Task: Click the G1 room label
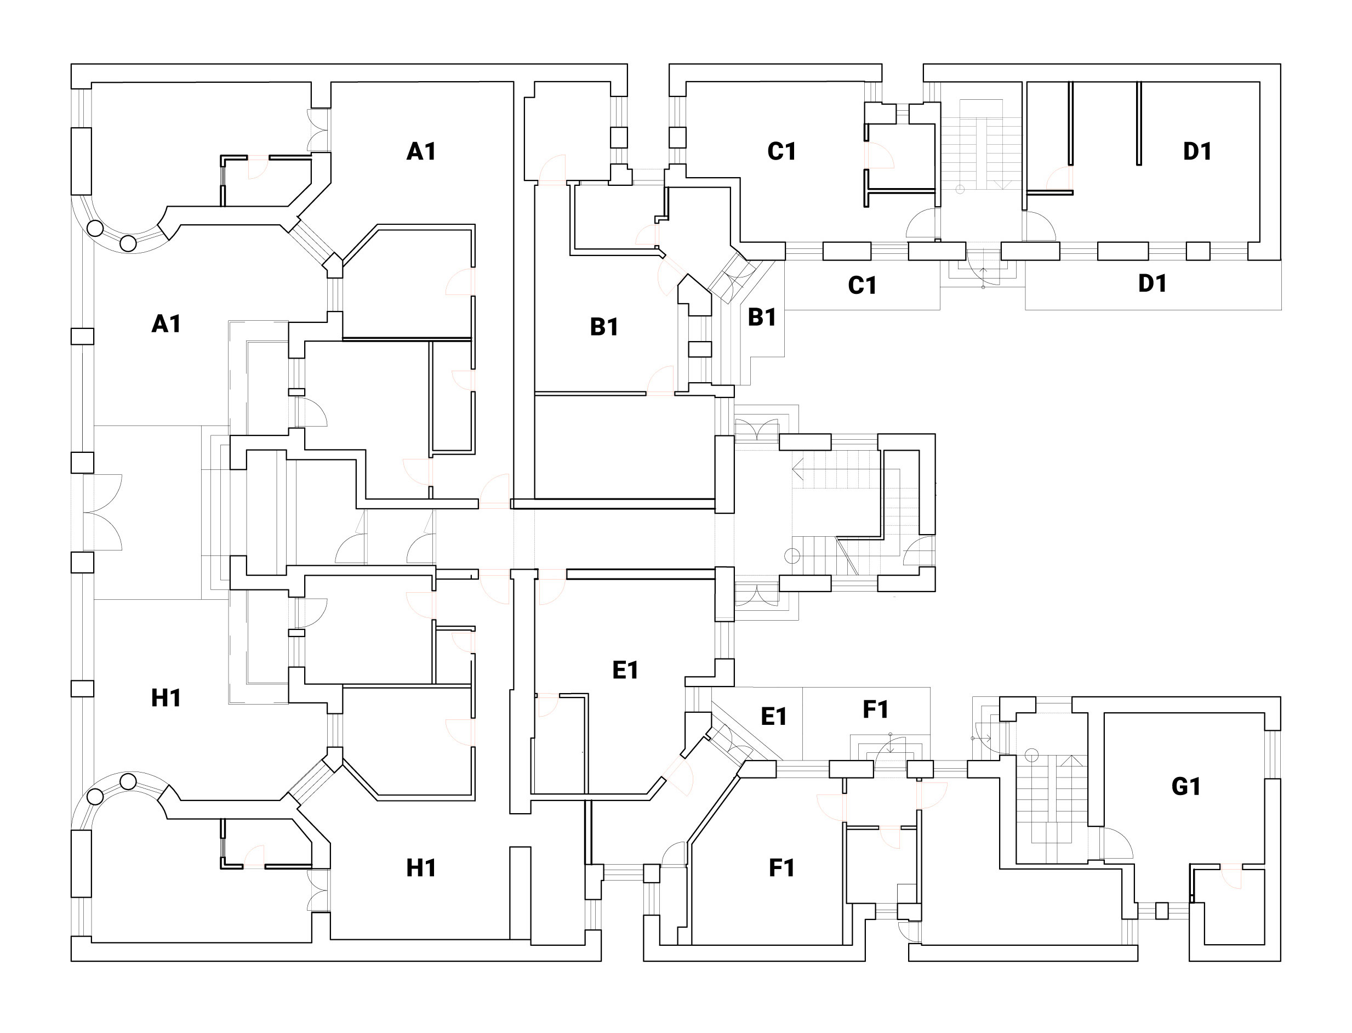coord(1185,786)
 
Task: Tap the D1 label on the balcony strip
coord(1153,283)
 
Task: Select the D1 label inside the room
coord(1197,151)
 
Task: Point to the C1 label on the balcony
coord(862,285)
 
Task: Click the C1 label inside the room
coord(781,151)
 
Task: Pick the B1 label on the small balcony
coord(761,317)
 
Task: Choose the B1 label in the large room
coord(604,327)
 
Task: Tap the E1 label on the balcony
coord(774,716)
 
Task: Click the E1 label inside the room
coord(626,669)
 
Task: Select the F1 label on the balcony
coord(876,710)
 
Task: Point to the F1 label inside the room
coord(781,867)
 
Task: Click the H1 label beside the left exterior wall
coord(166,698)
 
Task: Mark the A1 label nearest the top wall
coord(421,151)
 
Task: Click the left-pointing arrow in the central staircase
coord(798,470)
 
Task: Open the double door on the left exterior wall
coord(103,512)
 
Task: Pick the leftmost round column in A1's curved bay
coord(95,229)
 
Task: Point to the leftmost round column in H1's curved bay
coord(95,797)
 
